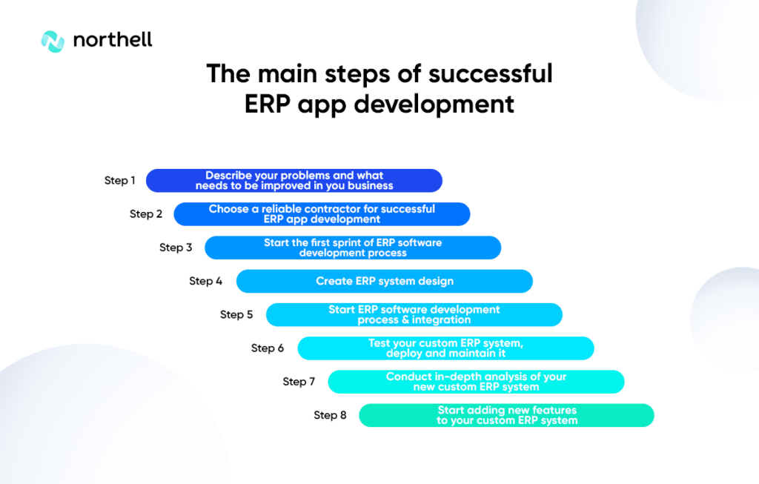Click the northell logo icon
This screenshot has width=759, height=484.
[x=53, y=42]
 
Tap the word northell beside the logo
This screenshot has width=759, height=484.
[x=113, y=40]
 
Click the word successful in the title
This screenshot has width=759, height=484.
[x=491, y=74]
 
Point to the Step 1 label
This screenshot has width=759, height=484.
[x=119, y=181]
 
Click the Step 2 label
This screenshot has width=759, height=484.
[x=146, y=214]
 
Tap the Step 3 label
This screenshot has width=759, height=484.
[x=176, y=248]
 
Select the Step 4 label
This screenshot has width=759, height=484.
[x=206, y=281]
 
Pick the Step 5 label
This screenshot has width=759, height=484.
[x=236, y=314]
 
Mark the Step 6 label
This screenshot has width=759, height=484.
[x=267, y=348]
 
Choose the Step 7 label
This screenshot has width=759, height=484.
[x=299, y=382]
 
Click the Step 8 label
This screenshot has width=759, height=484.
[x=330, y=415]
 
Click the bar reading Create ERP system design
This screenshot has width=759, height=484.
[x=385, y=281]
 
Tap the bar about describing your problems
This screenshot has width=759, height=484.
[x=294, y=181]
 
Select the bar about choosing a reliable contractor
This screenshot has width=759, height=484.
[x=322, y=214]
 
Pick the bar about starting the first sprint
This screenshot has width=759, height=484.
[x=353, y=248]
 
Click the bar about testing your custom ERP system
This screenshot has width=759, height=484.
[x=445, y=348]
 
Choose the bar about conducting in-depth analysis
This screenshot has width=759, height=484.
[x=477, y=382]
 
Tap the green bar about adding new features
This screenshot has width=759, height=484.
[x=506, y=415]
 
